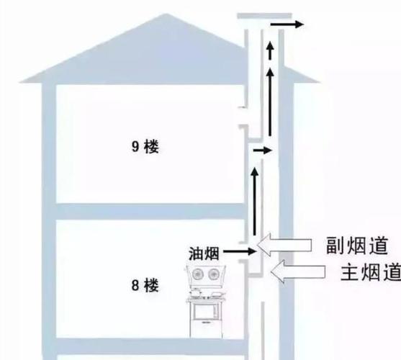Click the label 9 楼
point(145,146)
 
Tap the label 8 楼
point(145,286)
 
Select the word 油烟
point(204,254)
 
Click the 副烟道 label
point(357,246)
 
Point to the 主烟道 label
point(371,272)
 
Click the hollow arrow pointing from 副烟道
point(284,244)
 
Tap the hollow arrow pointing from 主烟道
point(298,271)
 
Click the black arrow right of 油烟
point(240,251)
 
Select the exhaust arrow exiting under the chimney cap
point(287,24)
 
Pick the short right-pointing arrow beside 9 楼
point(262,150)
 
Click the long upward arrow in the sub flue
point(254,201)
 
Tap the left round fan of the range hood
point(197,274)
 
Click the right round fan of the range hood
point(213,274)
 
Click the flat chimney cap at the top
point(264,16)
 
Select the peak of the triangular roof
point(166,14)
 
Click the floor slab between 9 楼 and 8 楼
point(150,212)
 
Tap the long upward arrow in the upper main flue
point(270,102)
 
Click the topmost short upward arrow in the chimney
point(270,50)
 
